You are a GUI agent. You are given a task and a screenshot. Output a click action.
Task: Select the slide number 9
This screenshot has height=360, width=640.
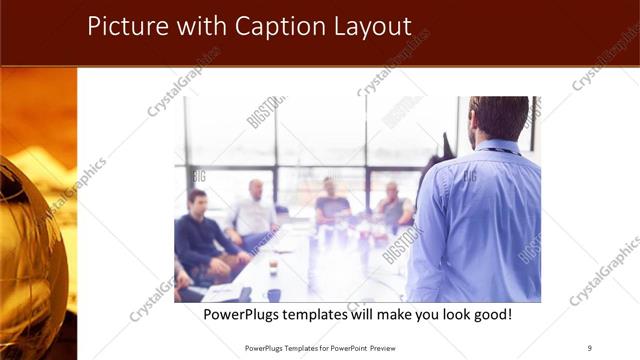(589, 347)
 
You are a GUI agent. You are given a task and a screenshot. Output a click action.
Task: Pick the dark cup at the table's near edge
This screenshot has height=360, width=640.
(274, 295)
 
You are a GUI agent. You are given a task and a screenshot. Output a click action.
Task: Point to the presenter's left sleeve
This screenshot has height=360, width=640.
(429, 230)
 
